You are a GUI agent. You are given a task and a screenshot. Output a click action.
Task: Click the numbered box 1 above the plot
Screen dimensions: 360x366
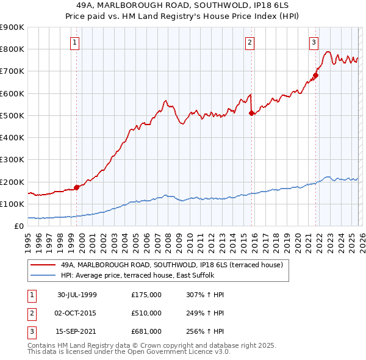tap(74, 43)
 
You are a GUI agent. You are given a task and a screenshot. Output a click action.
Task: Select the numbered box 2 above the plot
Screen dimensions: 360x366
tap(250, 43)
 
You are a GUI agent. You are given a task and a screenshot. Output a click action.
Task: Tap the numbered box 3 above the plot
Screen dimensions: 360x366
tap(314, 43)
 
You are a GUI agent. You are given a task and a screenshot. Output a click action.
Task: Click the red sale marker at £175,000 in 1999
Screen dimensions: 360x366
tap(77, 187)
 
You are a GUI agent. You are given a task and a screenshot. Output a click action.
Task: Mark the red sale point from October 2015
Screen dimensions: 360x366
tap(251, 113)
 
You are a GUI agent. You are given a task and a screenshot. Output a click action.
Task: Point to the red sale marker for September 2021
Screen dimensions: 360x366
tap(315, 76)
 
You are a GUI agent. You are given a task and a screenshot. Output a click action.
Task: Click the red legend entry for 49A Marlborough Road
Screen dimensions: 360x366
tap(171, 265)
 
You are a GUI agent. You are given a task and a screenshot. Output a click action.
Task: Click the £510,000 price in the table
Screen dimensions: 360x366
tap(146, 313)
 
